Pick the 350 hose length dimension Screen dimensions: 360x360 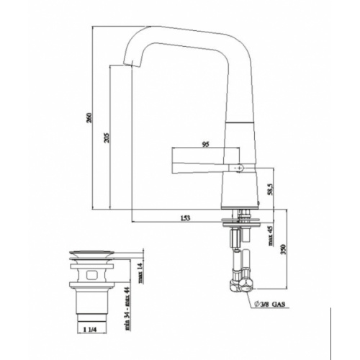(283, 249)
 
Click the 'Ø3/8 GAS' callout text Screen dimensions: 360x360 (272, 305)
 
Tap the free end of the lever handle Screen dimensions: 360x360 (174, 159)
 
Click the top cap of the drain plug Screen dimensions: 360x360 (91, 252)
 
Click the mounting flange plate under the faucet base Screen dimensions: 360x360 (244, 214)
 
